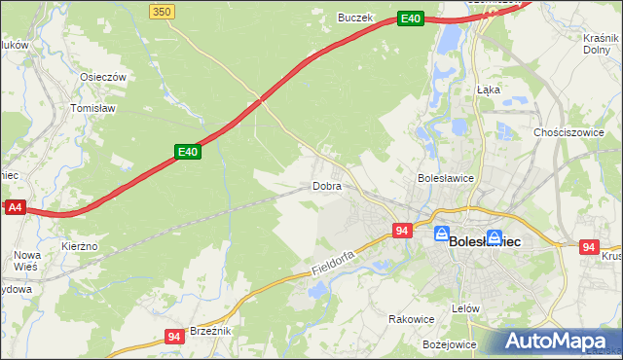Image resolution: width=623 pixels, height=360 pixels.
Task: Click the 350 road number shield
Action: pos(163,11)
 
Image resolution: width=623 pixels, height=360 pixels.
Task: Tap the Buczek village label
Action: pos(355,18)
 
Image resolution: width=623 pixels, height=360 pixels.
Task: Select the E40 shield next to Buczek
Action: pos(411,18)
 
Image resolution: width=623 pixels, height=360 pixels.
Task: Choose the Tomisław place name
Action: pos(94,109)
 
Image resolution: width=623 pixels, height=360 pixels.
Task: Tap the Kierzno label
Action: pos(79,247)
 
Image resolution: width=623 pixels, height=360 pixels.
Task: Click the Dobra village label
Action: pos(327,185)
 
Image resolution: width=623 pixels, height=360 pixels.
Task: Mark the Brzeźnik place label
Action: pos(209,331)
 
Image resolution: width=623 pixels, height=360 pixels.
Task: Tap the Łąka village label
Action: pos(489,89)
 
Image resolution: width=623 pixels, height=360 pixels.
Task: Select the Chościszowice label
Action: pos(569,131)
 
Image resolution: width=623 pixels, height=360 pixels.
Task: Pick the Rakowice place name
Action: pos(411,319)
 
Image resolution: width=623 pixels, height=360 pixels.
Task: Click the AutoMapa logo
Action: pos(559,341)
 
